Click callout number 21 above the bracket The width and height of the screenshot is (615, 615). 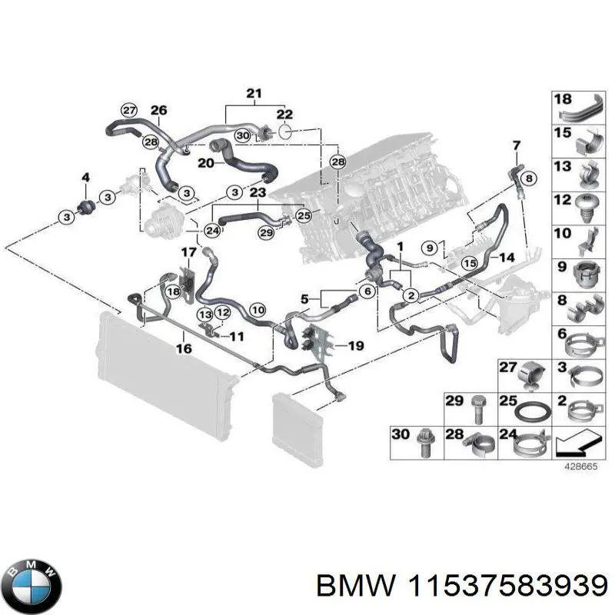253,94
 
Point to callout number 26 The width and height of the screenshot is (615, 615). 158,111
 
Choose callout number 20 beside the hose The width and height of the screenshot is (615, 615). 204,162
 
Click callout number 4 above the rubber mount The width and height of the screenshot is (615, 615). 85,178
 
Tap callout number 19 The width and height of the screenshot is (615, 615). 355,346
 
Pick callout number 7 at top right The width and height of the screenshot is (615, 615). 517,145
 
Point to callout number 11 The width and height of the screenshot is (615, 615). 236,336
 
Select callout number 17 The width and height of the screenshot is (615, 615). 189,252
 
